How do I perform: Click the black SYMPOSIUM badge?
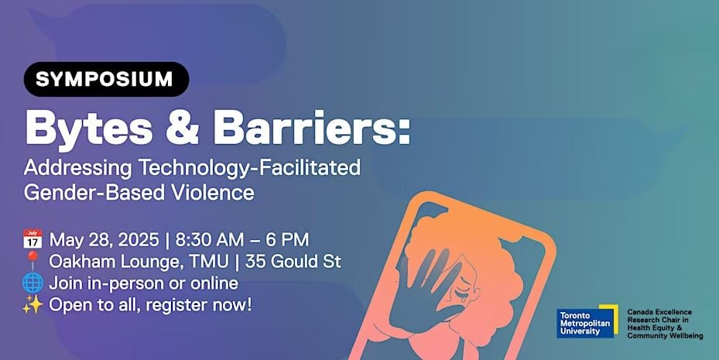(x=106, y=79)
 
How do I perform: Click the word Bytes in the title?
(x=89, y=130)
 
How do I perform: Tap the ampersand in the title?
(x=182, y=129)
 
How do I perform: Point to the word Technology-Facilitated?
(x=249, y=168)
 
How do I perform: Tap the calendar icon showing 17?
(x=33, y=239)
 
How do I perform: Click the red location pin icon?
(x=32, y=260)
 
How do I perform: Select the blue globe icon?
(x=33, y=283)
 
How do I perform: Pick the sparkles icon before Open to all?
(x=33, y=305)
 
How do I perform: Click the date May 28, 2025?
(x=104, y=240)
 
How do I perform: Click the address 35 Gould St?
(x=293, y=262)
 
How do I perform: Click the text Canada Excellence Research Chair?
(x=659, y=316)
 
